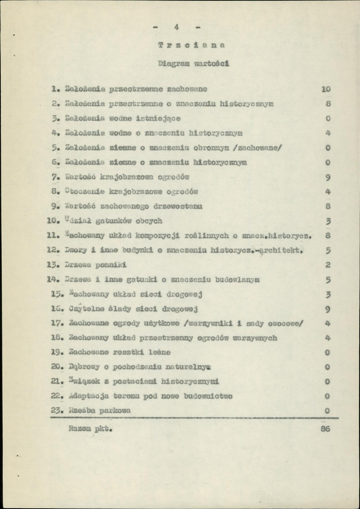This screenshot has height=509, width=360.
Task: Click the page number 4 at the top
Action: (175, 28)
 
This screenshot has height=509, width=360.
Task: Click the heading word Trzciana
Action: (191, 44)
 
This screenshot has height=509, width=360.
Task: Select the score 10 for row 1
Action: (326, 90)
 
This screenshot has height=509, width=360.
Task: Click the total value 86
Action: (326, 428)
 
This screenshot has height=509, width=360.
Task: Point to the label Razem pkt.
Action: (91, 428)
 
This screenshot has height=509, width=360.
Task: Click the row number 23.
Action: (56, 411)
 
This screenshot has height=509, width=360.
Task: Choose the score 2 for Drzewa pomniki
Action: (328, 265)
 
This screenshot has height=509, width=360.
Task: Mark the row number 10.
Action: (53, 221)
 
